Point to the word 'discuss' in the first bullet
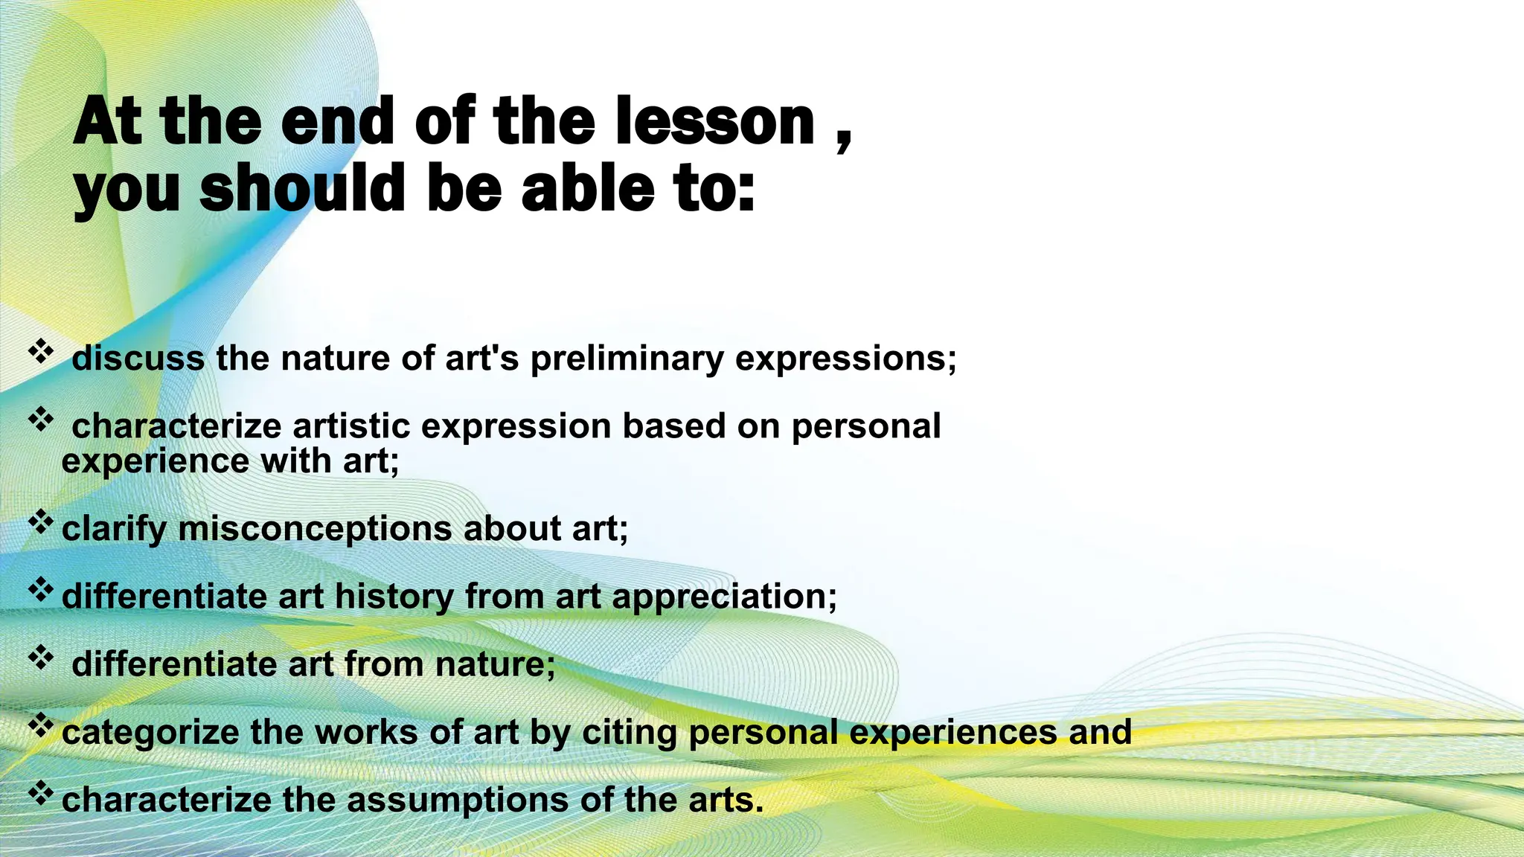(138, 359)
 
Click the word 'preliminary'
(627, 359)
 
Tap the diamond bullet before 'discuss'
(41, 350)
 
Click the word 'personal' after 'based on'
(866, 426)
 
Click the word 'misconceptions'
(315, 529)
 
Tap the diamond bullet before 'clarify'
(41, 522)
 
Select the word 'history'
(394, 597)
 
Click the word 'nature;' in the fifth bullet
(495, 664)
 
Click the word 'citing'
(630, 733)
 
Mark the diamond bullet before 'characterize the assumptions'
(41, 794)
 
